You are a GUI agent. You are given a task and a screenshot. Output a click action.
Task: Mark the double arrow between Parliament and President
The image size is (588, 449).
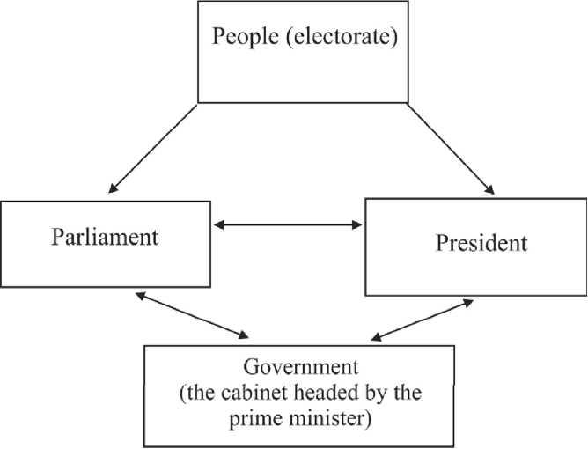pyautogui.click(x=289, y=226)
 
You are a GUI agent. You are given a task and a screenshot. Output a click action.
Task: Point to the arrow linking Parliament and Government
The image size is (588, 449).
pyautogui.click(x=191, y=314)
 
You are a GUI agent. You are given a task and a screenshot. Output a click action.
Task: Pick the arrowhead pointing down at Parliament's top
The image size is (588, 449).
pyautogui.click(x=113, y=186)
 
